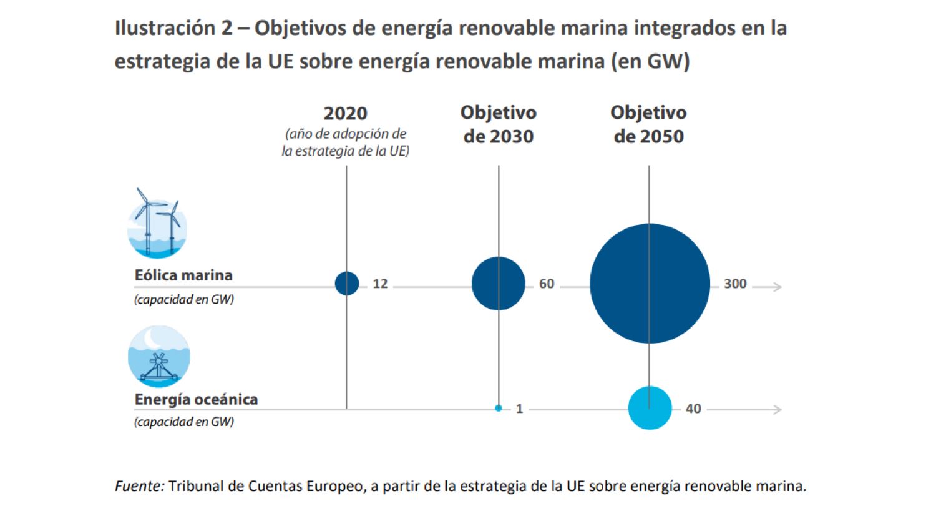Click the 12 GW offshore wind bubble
tap(347, 283)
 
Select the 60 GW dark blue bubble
tap(499, 284)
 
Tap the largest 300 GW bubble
tap(650, 284)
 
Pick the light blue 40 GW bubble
tap(650, 408)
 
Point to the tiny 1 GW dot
tap(499, 408)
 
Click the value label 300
tap(735, 284)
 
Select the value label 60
tap(547, 284)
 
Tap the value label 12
tap(380, 284)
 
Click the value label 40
tap(693, 409)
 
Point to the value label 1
tap(519, 409)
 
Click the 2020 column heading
tap(345, 113)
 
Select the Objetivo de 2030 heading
tap(499, 124)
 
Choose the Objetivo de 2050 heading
tap(649, 124)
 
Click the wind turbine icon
tap(157, 224)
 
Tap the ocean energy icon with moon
tap(158, 357)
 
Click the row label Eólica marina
tap(183, 275)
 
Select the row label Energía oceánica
tap(196, 399)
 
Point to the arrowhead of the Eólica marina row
tap(777, 287)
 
